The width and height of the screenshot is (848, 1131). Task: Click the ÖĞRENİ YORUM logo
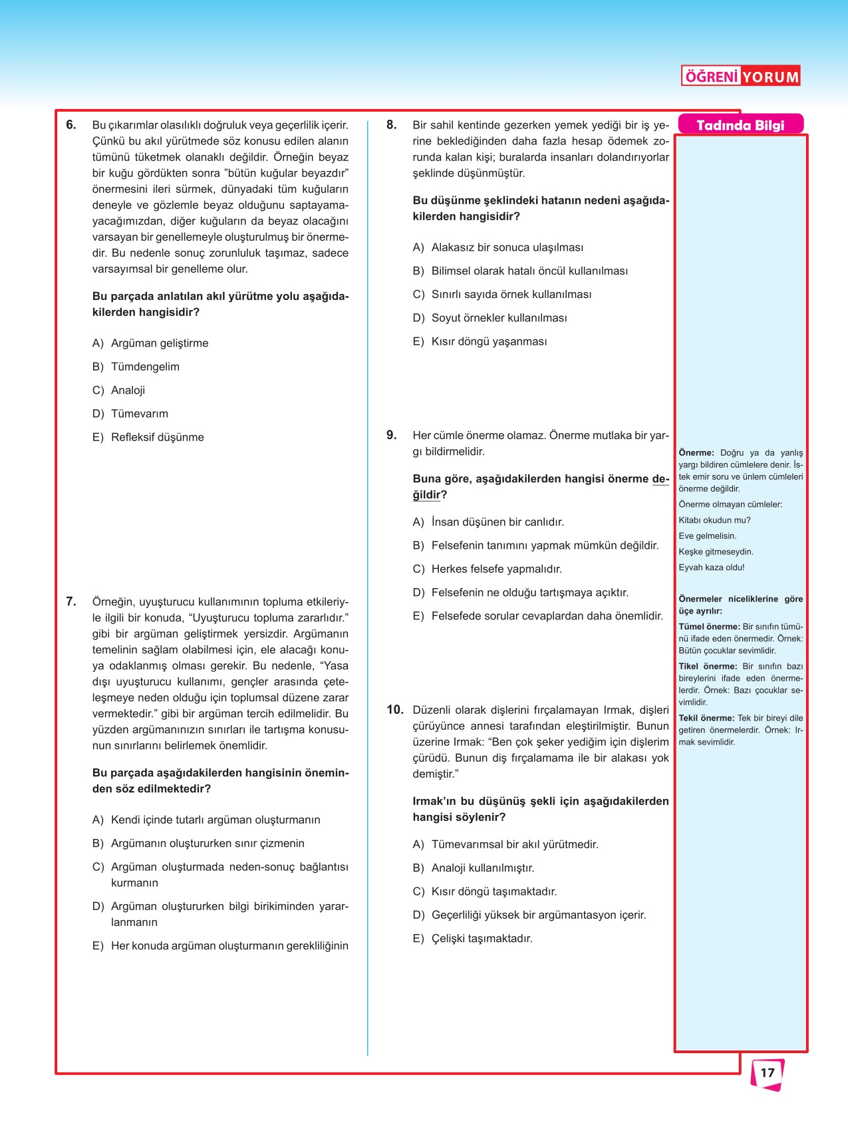(x=740, y=76)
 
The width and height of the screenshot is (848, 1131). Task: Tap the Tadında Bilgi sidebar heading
(x=740, y=125)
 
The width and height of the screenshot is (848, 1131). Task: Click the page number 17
(x=768, y=1072)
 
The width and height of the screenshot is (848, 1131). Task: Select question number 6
(x=71, y=124)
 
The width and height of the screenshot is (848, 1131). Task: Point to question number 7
(x=71, y=601)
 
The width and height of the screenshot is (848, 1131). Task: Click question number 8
(x=392, y=124)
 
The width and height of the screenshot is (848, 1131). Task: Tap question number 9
(x=392, y=435)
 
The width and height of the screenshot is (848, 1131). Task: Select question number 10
(x=395, y=709)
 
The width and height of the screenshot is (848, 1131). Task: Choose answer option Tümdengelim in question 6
(x=144, y=367)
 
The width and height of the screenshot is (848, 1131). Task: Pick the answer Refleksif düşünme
(x=157, y=437)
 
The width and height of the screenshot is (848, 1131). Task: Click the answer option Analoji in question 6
(x=128, y=390)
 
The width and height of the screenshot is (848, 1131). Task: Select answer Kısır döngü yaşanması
(x=489, y=341)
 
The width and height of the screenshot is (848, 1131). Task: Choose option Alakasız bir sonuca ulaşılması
(x=507, y=247)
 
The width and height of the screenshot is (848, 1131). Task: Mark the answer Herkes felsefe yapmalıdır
(x=496, y=569)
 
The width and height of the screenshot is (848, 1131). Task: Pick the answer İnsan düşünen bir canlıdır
(x=497, y=522)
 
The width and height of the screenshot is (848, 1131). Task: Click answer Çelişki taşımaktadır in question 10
(x=482, y=938)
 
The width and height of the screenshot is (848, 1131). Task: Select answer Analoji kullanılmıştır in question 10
(x=482, y=868)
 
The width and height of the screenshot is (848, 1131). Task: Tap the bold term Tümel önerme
(x=709, y=627)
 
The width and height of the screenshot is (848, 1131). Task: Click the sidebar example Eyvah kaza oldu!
(x=712, y=567)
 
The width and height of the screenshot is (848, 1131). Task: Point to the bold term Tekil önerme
(x=706, y=718)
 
